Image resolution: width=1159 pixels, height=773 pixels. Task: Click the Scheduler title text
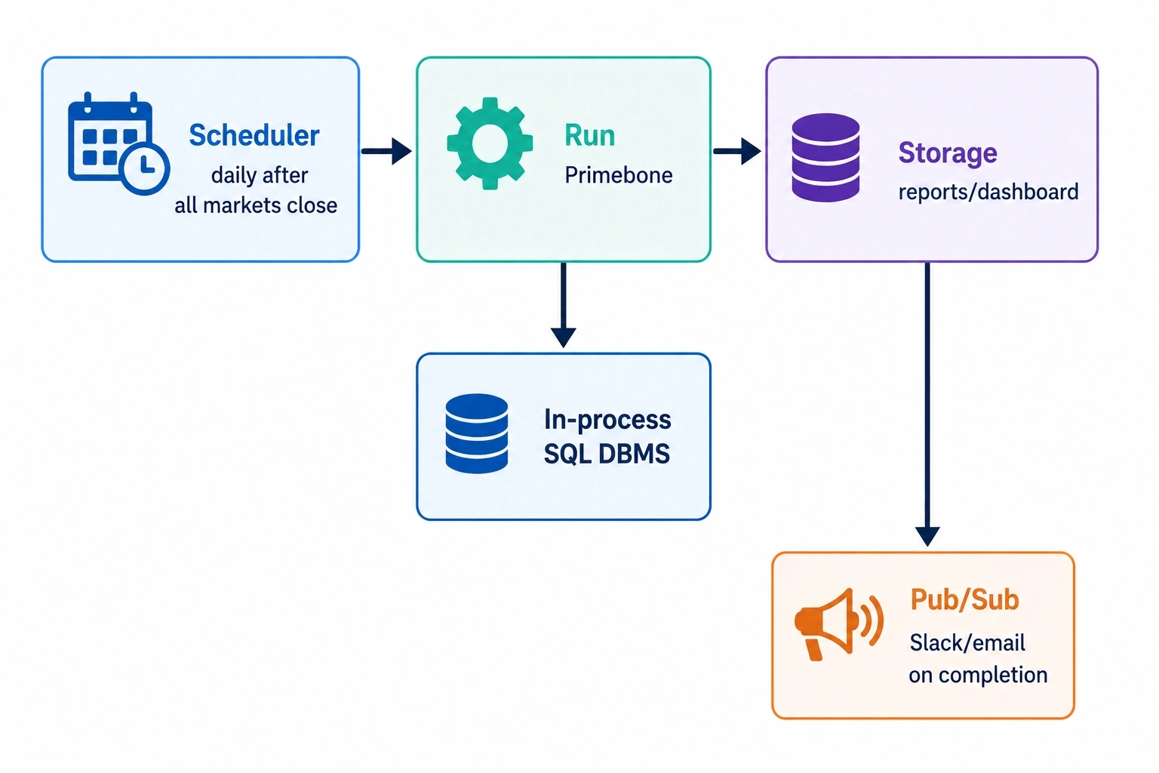pos(254,136)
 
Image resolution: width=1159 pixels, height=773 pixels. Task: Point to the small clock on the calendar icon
pos(144,168)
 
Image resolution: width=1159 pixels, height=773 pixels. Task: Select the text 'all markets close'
pos(256,205)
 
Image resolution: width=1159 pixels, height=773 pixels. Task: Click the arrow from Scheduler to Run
pos(386,151)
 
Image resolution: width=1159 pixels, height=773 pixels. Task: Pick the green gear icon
pos(490,143)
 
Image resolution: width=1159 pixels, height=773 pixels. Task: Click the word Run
pos(590,136)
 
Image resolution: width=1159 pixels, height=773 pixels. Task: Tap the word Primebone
pos(618,176)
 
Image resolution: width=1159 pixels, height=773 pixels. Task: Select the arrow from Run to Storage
pos(736,151)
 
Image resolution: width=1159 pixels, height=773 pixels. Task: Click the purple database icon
pos(825,158)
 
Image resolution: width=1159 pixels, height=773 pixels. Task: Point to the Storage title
pos(948,152)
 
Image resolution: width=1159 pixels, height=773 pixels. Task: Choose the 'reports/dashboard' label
pos(988,192)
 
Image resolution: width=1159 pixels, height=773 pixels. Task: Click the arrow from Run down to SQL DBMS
pos(564,305)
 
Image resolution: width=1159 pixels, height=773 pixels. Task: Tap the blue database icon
pos(477,434)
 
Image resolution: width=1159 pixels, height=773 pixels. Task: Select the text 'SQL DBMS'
pos(607,454)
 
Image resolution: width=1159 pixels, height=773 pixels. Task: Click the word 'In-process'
pos(607,420)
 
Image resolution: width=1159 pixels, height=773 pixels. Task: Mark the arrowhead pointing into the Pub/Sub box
pos(927,537)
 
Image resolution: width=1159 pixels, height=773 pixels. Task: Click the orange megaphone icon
pos(839,624)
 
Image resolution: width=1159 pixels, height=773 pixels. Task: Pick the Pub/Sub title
pos(964,599)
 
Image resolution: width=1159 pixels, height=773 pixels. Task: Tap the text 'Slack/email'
pos(967,643)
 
